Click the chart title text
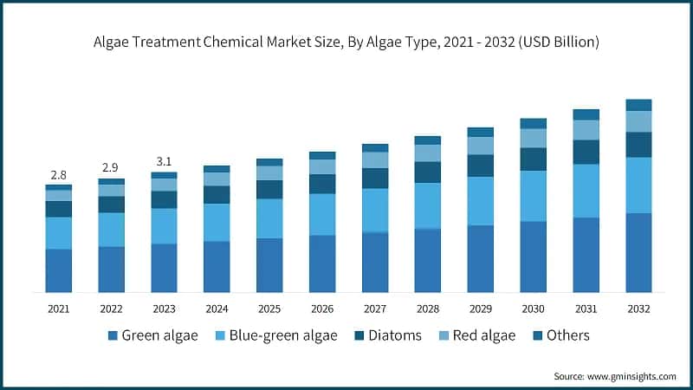(346, 42)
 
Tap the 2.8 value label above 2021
(58, 174)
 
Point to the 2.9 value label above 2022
(111, 166)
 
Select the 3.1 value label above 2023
(164, 161)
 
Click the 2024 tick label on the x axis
(216, 308)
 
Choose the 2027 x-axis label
(374, 308)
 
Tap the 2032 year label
(638, 308)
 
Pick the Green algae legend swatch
(112, 335)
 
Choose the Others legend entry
(567, 335)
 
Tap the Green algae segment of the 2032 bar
(638, 252)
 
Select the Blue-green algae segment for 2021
(58, 232)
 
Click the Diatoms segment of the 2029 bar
(480, 166)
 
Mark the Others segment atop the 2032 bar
(638, 105)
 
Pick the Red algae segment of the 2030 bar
(533, 138)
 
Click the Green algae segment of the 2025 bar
(269, 264)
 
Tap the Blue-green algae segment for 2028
(427, 205)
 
